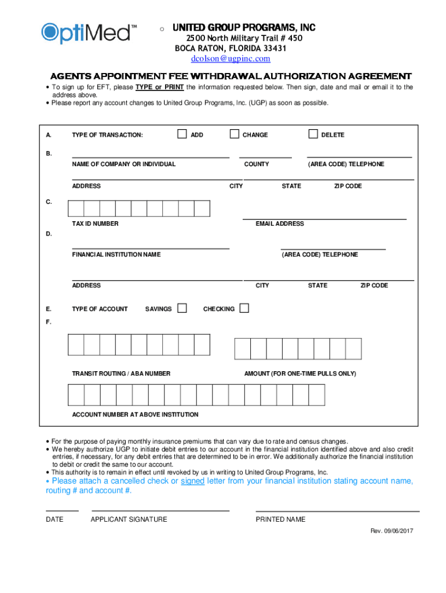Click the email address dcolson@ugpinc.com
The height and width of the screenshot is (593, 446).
click(x=231, y=58)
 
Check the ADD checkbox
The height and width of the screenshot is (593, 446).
click(x=182, y=134)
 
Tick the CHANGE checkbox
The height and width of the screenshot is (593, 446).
click(x=234, y=134)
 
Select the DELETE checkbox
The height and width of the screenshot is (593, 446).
click(x=313, y=134)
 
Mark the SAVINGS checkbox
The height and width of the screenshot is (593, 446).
click(x=182, y=308)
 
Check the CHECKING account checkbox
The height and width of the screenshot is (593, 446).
click(x=244, y=308)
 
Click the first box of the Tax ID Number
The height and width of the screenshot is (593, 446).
click(x=76, y=208)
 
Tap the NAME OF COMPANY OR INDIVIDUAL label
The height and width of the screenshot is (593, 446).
click(x=123, y=164)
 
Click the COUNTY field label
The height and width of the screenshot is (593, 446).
click(x=257, y=164)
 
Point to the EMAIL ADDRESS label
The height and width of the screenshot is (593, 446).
click(x=280, y=224)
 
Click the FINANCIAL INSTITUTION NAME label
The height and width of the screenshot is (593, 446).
click(x=116, y=255)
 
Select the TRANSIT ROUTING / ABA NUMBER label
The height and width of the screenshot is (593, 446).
click(x=121, y=374)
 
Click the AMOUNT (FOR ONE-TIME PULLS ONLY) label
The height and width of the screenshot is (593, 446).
click(x=300, y=374)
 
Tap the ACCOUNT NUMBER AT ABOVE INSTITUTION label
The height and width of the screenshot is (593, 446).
click(x=135, y=415)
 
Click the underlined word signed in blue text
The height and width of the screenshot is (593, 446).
click(x=192, y=481)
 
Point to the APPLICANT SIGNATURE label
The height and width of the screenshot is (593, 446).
click(x=129, y=519)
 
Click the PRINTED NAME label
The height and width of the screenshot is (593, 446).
click(x=280, y=519)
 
